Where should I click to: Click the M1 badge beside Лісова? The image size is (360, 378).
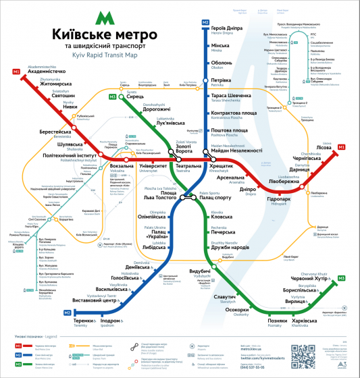pyautogui.click(x=341, y=147)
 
